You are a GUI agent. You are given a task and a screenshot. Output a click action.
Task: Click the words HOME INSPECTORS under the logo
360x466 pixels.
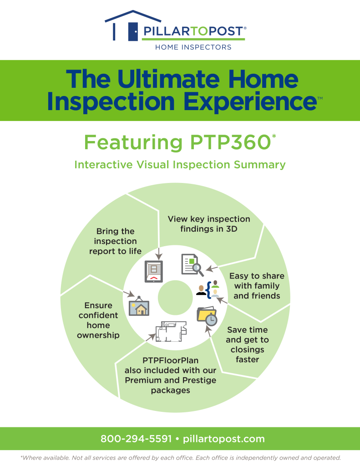click(x=193, y=47)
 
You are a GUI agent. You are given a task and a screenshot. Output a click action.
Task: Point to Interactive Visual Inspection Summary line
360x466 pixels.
click(x=180, y=164)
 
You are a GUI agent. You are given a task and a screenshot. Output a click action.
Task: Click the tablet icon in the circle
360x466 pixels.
click(x=153, y=271)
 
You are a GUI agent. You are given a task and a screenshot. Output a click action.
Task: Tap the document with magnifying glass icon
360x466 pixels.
click(x=192, y=265)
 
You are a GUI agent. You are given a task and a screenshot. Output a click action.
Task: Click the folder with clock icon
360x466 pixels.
click(x=207, y=316)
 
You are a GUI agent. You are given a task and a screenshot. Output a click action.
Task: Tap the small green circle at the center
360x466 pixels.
click(x=172, y=297)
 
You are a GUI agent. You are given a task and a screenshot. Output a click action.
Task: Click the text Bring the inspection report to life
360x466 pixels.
click(x=115, y=241)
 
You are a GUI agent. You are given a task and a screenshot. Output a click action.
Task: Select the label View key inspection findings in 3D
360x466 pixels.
click(x=209, y=224)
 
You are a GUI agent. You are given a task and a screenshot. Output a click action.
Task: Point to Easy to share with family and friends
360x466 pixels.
click(x=256, y=286)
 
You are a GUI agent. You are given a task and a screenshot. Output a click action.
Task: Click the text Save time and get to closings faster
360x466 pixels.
click(x=248, y=344)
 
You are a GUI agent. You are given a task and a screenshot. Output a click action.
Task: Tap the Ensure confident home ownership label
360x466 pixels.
click(x=98, y=320)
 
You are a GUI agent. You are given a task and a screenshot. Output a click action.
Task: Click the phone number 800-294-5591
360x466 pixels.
click(x=136, y=439)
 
